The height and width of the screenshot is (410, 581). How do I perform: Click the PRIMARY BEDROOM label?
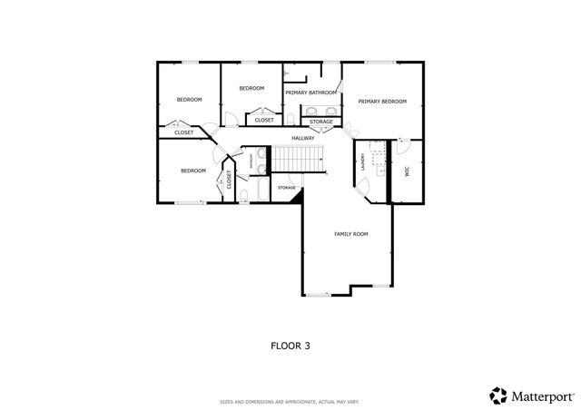point(381,102)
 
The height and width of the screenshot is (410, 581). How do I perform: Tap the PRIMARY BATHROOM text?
point(310,93)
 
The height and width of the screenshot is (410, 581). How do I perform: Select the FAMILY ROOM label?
point(350,234)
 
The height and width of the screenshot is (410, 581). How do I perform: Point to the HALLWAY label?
point(302,138)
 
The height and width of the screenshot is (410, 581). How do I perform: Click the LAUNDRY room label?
point(362,162)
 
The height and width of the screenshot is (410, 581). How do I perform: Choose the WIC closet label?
point(407,171)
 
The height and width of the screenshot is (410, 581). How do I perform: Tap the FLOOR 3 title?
point(290,345)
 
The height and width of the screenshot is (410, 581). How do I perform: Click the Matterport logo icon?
point(498,395)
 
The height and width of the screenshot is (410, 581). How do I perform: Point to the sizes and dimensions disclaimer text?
point(290,402)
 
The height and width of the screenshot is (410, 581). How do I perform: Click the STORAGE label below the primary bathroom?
point(320,122)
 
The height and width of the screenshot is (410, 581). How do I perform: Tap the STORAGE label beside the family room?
point(287,188)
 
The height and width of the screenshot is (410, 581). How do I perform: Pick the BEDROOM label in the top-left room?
point(189,100)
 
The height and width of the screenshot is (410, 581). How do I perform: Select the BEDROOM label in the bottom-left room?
point(192,171)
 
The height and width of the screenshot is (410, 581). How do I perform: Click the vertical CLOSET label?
point(229,180)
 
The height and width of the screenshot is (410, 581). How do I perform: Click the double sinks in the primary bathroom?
point(321,111)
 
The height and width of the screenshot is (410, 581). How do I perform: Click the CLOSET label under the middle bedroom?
point(264,120)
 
